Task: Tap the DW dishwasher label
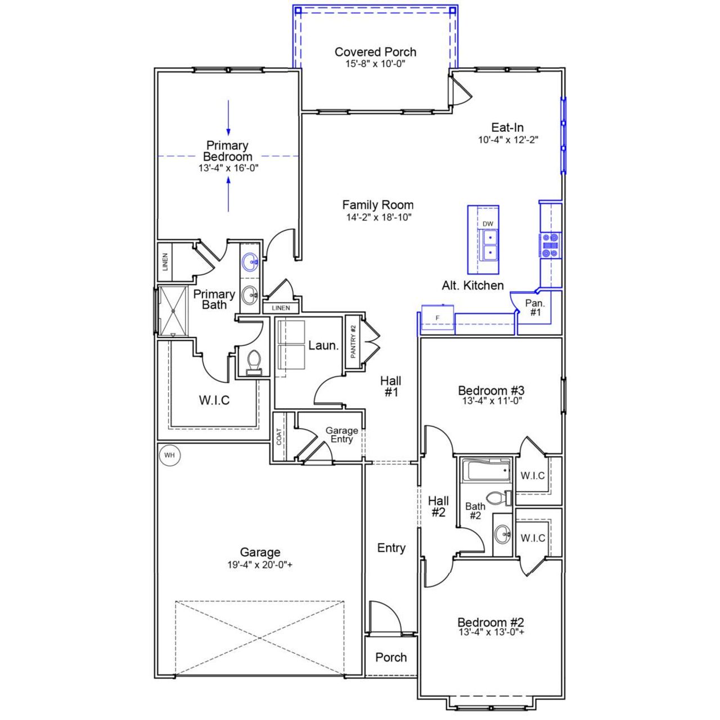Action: pos(488,224)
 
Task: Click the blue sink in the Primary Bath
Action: pos(250,262)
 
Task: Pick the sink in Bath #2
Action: pos(502,534)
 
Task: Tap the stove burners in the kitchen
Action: pos(550,245)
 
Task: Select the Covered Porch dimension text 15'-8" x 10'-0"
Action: pos(375,64)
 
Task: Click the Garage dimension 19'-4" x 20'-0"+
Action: pos(260,565)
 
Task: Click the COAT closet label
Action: pos(279,436)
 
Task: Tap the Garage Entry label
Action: pos(341,435)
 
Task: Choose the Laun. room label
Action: pos(323,345)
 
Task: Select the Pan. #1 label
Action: pos(535,308)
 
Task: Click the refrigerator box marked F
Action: pos(438,318)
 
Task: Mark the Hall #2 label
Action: pos(438,506)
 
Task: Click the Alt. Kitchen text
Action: pos(472,285)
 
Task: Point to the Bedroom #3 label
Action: pos(491,390)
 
